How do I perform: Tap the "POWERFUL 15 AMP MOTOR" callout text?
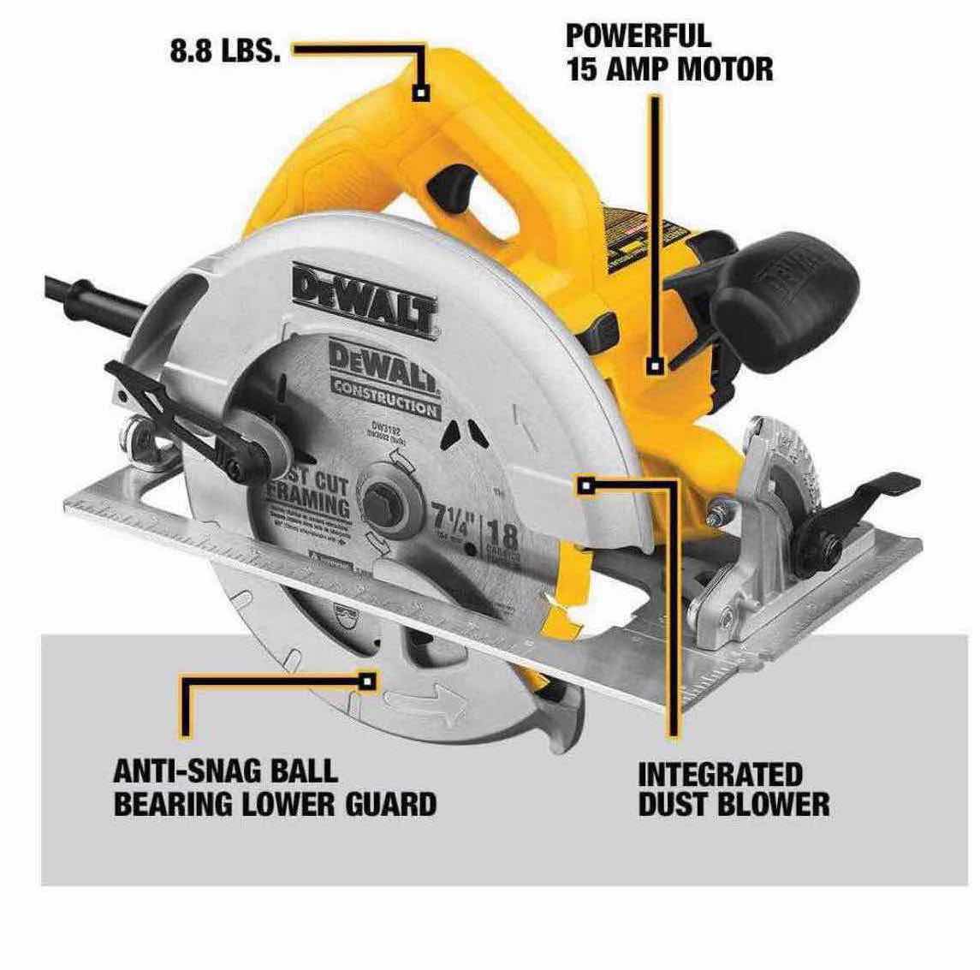(x=669, y=53)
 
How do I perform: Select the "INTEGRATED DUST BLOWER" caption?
(x=733, y=789)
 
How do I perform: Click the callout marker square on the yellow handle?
(x=420, y=92)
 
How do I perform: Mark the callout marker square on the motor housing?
(x=656, y=366)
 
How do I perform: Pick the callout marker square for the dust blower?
(x=585, y=486)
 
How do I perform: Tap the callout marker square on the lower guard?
(x=369, y=681)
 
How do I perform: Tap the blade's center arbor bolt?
(x=386, y=506)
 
